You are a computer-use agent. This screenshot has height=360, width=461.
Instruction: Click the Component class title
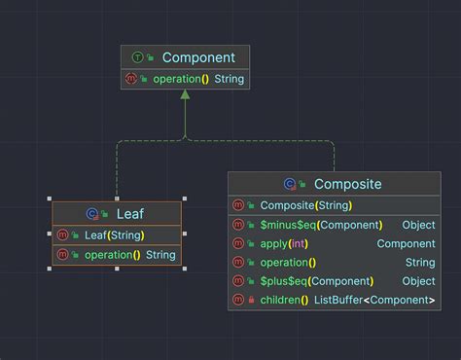[198, 57]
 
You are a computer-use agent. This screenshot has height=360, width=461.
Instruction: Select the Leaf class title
[130, 213]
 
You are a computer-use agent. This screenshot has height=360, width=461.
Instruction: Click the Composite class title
[347, 183]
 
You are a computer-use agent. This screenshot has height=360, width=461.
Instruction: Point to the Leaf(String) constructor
[115, 234]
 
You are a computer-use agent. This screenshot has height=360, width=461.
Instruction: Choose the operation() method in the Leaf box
[113, 255]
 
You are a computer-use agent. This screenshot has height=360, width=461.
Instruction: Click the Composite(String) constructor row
[305, 205]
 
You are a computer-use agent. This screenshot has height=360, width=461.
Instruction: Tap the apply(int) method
[282, 243]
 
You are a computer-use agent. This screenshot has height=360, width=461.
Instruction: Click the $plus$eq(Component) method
[316, 281]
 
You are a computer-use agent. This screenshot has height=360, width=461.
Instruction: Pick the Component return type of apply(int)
[406, 243]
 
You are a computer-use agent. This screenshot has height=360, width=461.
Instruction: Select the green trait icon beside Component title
[136, 58]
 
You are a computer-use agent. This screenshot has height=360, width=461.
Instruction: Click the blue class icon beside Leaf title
[91, 213]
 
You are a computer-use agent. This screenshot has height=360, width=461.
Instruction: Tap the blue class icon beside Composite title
[289, 183]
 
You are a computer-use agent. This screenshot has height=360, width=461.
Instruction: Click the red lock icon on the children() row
[252, 300]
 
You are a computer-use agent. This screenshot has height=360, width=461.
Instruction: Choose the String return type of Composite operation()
[420, 263]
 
